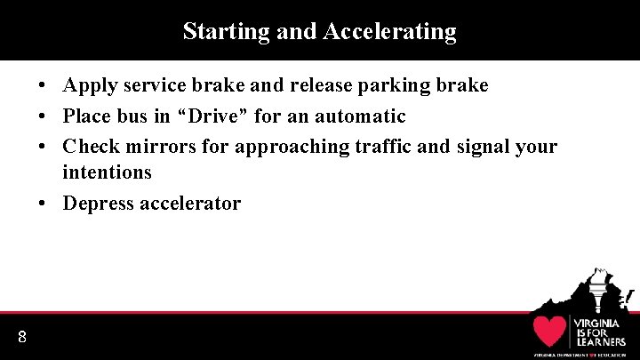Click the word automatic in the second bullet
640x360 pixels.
pyautogui.click(x=360, y=116)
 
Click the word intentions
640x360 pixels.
pyautogui.click(x=107, y=172)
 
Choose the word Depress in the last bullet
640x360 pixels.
pyautogui.click(x=99, y=204)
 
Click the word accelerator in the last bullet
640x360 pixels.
pyautogui.click(x=191, y=204)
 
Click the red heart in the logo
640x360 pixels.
pyautogui.click(x=550, y=331)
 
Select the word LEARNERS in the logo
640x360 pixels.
pyautogui.click(x=600, y=342)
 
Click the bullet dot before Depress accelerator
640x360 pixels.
pyautogui.click(x=43, y=204)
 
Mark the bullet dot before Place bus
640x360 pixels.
pyautogui.click(x=43, y=116)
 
